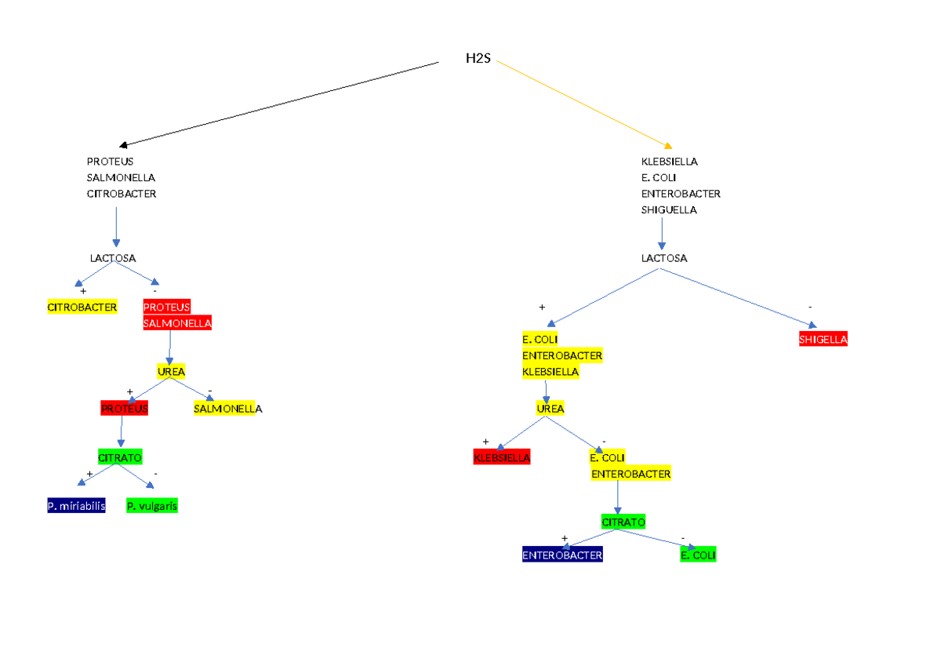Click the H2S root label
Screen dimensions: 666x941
pyautogui.click(x=478, y=59)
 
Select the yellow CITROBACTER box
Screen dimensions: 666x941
pyautogui.click(x=82, y=307)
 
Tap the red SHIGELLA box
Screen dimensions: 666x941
pyautogui.click(x=823, y=340)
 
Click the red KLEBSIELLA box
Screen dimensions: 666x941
pyautogui.click(x=502, y=457)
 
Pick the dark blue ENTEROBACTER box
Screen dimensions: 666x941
pyautogui.click(x=562, y=555)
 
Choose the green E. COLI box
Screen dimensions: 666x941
pyautogui.click(x=698, y=555)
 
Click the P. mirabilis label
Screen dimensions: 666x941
pyautogui.click(x=76, y=506)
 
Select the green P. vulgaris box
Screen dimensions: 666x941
pyautogui.click(x=152, y=506)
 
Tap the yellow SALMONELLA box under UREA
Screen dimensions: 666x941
pyautogui.click(x=226, y=409)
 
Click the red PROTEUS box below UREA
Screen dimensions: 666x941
pyautogui.click(x=124, y=409)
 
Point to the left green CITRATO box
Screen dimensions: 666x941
pyautogui.click(x=120, y=457)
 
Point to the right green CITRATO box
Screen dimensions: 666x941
pyautogui.click(x=623, y=522)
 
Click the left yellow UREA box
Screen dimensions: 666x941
pyautogui.click(x=171, y=372)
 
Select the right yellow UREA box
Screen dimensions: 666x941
pyautogui.click(x=550, y=409)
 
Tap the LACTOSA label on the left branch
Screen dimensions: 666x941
pyautogui.click(x=113, y=258)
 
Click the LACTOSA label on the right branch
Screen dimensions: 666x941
pyautogui.click(x=664, y=258)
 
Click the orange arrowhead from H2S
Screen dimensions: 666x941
pyautogui.click(x=668, y=145)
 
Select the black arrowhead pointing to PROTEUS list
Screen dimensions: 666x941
pyautogui.click(x=124, y=145)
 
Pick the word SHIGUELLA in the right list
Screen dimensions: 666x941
pyautogui.click(x=669, y=210)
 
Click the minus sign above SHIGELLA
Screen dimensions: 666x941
pyautogui.click(x=810, y=307)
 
